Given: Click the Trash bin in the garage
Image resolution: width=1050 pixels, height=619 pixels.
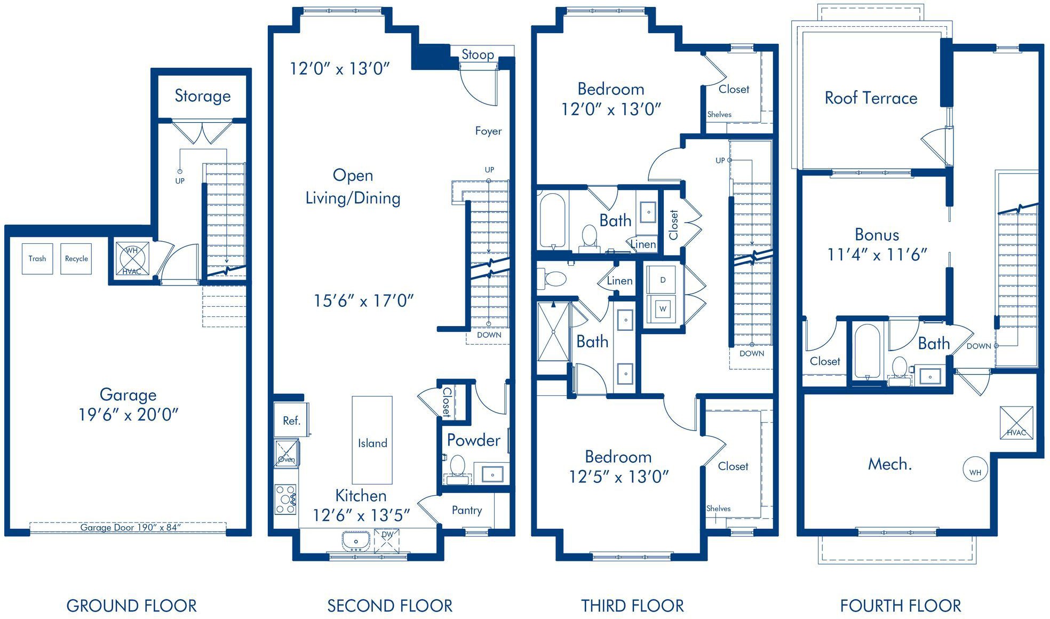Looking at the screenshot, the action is (x=37, y=259).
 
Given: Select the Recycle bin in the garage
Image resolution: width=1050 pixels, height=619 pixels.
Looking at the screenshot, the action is (x=76, y=259).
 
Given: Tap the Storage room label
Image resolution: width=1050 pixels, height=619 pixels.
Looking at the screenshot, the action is (x=203, y=96).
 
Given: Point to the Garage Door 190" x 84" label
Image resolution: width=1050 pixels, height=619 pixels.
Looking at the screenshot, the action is (x=131, y=527).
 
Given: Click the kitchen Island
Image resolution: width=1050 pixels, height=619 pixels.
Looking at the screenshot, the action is (x=372, y=440).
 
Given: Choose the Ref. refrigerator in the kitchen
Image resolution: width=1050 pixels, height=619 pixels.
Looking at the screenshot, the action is (x=291, y=420).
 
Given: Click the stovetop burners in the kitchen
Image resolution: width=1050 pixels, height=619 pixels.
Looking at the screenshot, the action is (x=285, y=499).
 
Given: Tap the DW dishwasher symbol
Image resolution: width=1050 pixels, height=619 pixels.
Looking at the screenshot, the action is (x=387, y=540).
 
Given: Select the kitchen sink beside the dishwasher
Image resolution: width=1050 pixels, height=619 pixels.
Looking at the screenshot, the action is (x=356, y=541).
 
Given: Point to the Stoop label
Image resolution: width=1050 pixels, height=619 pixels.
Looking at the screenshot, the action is (x=478, y=54).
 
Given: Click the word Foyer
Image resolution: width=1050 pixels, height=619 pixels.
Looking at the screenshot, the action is (x=489, y=131).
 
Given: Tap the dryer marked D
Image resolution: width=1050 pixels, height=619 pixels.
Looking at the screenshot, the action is (x=663, y=280).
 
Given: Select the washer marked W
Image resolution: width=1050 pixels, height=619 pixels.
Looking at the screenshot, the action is (x=663, y=309).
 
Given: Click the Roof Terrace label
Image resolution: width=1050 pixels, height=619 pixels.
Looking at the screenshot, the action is (x=871, y=98).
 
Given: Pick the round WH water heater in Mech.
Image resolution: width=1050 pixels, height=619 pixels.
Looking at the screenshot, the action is (x=975, y=471).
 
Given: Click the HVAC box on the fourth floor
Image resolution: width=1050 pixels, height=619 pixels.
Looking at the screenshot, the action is (x=1016, y=423).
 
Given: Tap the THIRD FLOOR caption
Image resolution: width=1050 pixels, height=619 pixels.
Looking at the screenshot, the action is (x=633, y=606).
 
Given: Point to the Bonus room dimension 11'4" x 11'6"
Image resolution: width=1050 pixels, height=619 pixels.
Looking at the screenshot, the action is (x=877, y=255).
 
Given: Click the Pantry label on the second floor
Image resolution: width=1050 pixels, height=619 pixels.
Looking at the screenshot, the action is (x=467, y=510).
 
